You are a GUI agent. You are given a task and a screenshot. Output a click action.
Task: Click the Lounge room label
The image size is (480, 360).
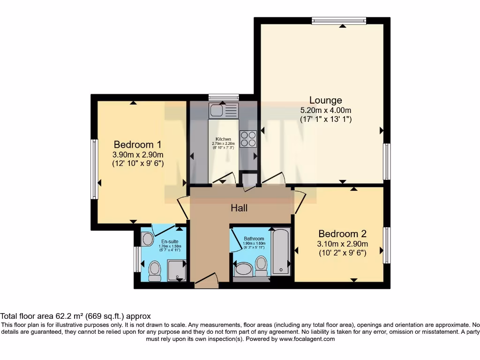[x=325, y=100]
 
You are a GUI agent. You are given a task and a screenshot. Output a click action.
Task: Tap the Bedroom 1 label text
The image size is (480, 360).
[x=134, y=144]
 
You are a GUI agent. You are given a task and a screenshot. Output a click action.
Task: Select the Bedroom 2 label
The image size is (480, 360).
[x=342, y=233]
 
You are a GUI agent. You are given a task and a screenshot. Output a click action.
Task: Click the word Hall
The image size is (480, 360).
[x=239, y=208]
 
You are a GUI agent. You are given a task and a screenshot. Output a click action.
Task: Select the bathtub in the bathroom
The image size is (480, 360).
[x=281, y=251]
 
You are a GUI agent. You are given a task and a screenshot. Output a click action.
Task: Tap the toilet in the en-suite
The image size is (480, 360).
[x=154, y=271]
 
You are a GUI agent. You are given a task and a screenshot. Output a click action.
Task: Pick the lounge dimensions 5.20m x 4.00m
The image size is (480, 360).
[x=325, y=110]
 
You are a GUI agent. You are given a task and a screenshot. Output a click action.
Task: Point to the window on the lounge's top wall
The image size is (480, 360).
[x=339, y=20]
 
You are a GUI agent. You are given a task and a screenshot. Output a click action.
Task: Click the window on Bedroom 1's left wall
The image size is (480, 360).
[x=94, y=169]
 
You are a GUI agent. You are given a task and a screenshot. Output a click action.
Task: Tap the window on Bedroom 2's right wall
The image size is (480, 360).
[x=387, y=245]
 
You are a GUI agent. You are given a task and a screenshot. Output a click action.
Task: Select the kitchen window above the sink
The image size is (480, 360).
[x=224, y=97]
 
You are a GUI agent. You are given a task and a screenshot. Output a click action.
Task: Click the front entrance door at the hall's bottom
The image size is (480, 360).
[x=207, y=281]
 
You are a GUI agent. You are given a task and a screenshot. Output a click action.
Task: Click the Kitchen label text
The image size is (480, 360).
[x=223, y=139]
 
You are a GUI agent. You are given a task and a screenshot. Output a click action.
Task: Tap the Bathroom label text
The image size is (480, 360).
[x=254, y=239]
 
